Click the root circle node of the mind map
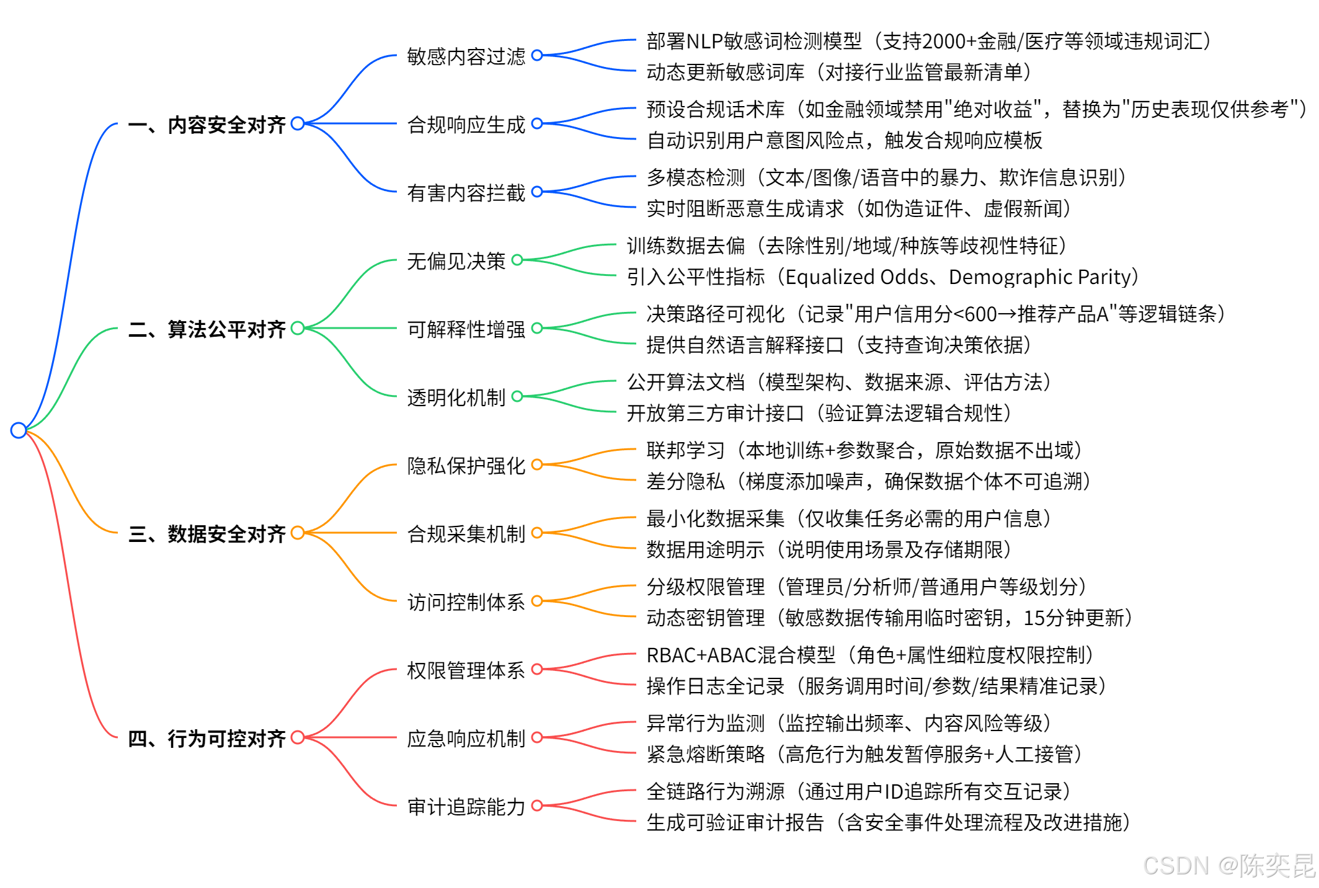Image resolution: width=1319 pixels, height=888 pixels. (19, 430)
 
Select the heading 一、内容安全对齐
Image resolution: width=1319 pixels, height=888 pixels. (207, 125)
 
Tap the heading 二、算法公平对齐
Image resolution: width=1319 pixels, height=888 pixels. (207, 329)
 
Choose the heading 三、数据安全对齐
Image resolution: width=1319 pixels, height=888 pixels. (207, 534)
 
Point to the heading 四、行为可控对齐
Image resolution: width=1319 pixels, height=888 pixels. (207, 739)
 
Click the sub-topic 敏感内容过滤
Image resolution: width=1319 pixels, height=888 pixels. (466, 56)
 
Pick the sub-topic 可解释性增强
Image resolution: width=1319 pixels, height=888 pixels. (466, 329)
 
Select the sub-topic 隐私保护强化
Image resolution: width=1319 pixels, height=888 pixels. (466, 466)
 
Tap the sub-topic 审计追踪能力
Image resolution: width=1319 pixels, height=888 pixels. (466, 807)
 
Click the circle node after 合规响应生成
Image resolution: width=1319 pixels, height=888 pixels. (537, 123)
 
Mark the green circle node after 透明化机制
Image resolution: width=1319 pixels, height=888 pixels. (517, 396)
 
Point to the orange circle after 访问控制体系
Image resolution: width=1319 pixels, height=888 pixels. (537, 601)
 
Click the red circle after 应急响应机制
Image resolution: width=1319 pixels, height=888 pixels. (537, 737)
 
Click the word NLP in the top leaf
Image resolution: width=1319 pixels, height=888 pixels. (704, 42)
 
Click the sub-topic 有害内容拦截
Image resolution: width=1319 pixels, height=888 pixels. (466, 193)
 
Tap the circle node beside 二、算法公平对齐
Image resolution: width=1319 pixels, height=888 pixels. (298, 328)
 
